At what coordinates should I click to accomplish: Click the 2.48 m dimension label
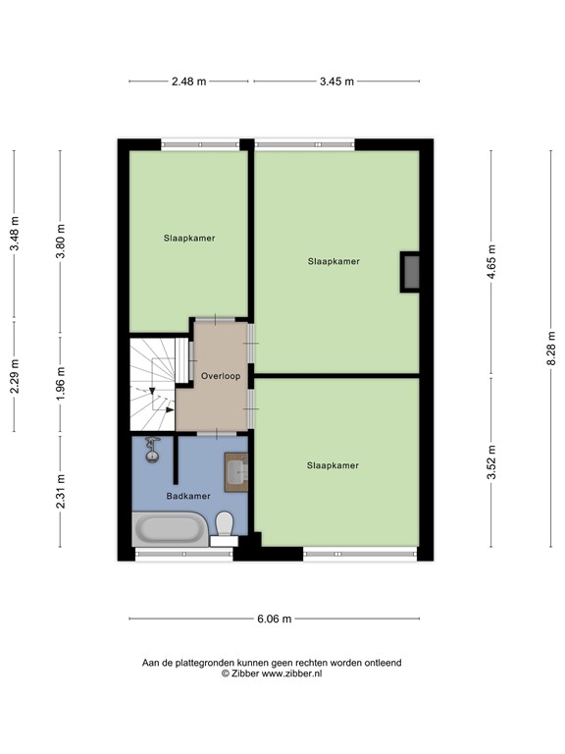(188, 81)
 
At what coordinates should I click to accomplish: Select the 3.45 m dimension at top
(336, 81)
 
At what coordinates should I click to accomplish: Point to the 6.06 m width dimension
(275, 619)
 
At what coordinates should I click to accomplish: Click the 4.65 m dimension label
(491, 262)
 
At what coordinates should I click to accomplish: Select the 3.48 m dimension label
(14, 234)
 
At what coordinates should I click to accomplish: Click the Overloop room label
(221, 376)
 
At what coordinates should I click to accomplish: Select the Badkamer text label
(188, 496)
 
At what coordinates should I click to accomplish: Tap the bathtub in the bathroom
(171, 530)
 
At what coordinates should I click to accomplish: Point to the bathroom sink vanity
(235, 471)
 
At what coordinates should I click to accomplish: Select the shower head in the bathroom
(152, 451)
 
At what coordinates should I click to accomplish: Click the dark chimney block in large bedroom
(411, 272)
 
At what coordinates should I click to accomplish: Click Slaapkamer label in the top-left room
(189, 238)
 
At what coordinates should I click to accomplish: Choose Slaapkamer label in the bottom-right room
(333, 465)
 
